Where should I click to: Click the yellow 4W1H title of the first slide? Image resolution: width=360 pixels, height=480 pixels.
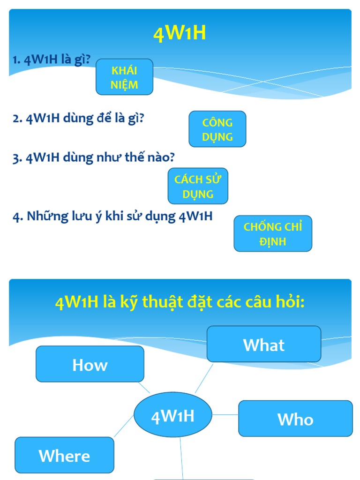point(180,34)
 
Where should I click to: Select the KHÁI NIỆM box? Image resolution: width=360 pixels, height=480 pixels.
point(125,77)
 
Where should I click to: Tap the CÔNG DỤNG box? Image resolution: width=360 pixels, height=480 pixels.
point(217,129)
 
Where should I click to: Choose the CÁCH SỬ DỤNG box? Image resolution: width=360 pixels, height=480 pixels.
point(198,186)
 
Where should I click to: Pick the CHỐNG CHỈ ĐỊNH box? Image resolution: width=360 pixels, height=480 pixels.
point(273,234)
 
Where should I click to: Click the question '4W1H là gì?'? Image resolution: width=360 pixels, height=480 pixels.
point(57,61)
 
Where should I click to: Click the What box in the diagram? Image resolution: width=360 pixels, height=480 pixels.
point(264,345)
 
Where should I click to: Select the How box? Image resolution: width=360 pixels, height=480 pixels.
point(90,364)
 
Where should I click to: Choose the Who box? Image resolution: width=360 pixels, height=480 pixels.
point(295,419)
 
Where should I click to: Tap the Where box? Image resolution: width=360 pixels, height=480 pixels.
point(65,455)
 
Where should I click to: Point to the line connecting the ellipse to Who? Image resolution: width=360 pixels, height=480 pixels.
point(225,415)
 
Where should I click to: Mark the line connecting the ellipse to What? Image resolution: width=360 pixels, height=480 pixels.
point(203,378)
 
